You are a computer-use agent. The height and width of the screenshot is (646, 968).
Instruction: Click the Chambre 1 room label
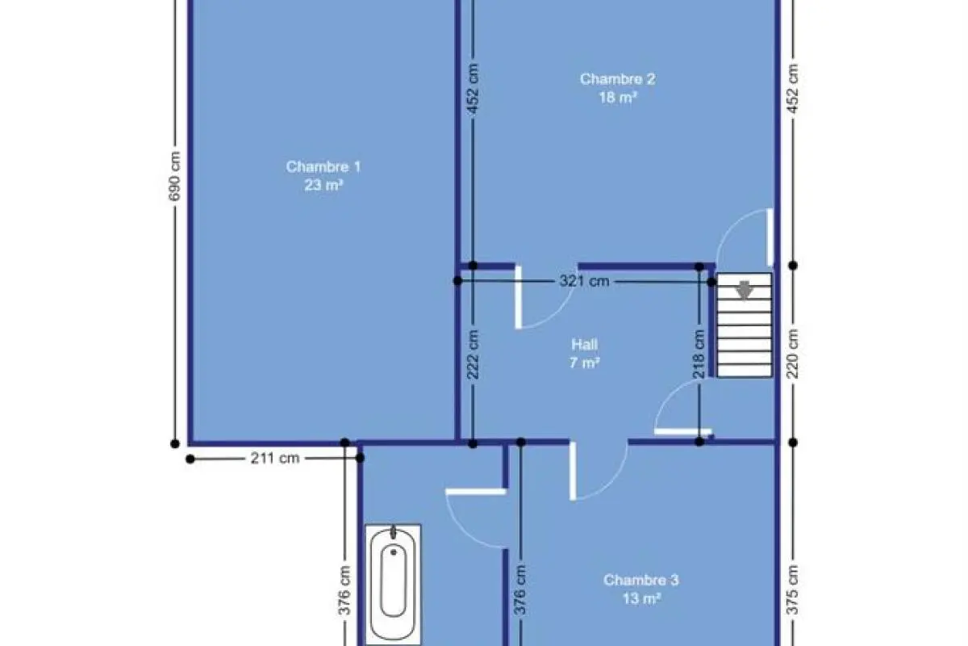(x=323, y=166)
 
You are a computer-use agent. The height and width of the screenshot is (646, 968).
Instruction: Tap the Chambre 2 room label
(x=618, y=79)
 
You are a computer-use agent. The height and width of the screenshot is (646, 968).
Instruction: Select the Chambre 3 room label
(x=641, y=580)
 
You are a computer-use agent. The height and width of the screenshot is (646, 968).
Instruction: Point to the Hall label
(x=584, y=345)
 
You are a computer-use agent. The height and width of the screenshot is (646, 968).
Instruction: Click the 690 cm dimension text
(x=173, y=176)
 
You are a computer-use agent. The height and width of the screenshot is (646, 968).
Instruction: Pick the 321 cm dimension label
(x=584, y=281)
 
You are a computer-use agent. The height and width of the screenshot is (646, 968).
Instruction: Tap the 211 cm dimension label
(x=275, y=458)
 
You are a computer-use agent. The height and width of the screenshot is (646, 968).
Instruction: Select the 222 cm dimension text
(x=473, y=354)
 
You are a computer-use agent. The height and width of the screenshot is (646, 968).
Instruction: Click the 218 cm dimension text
(x=699, y=354)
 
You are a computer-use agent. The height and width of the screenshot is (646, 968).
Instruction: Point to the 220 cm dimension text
(x=792, y=354)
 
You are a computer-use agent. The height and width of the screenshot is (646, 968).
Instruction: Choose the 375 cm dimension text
(x=792, y=589)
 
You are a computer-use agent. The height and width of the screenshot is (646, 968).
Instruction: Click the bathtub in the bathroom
(x=394, y=585)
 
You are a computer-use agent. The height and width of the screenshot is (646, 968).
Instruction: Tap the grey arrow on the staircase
(x=744, y=289)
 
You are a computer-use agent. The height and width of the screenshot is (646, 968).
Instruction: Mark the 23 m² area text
(x=323, y=185)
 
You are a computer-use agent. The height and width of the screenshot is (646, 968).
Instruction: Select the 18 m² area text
(x=618, y=98)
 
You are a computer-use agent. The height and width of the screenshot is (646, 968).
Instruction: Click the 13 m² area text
(x=642, y=598)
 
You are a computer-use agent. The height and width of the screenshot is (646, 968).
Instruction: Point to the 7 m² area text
(x=585, y=363)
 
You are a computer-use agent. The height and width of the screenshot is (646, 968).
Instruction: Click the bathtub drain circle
(x=394, y=552)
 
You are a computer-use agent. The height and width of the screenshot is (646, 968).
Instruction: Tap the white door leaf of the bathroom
(x=476, y=492)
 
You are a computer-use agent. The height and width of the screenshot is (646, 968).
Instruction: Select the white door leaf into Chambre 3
(x=573, y=471)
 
